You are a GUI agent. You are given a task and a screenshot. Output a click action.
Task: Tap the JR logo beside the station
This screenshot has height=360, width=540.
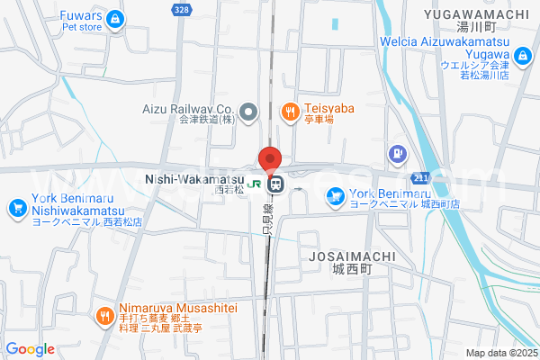tap(256, 184)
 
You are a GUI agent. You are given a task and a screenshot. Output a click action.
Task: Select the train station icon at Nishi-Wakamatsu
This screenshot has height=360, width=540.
tap(276, 184)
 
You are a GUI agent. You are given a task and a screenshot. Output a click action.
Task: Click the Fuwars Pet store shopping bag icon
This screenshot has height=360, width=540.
tap(114, 19)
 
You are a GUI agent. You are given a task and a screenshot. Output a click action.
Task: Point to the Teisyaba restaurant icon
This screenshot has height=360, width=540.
tap(290, 112)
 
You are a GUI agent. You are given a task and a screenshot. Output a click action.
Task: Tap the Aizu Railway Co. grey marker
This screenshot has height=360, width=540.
tap(250, 112)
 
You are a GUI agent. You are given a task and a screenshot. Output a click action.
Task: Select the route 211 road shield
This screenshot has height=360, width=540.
tap(423, 176)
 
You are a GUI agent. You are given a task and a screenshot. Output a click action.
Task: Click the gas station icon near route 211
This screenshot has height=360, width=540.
tap(397, 153)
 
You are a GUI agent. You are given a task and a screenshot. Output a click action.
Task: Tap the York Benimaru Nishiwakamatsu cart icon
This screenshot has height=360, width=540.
tap(16, 209)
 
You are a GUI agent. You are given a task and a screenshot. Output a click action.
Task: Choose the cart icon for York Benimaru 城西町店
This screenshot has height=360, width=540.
tap(335, 194)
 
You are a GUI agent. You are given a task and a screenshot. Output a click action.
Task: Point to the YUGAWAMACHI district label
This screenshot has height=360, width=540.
tap(476, 13)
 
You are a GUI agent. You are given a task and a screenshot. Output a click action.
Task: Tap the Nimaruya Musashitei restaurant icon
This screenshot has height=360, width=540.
tap(105, 315)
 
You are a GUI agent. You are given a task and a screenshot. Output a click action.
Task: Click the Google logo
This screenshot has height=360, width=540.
tap(30, 349)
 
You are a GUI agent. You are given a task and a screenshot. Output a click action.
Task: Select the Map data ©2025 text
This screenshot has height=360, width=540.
tap(501, 353)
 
